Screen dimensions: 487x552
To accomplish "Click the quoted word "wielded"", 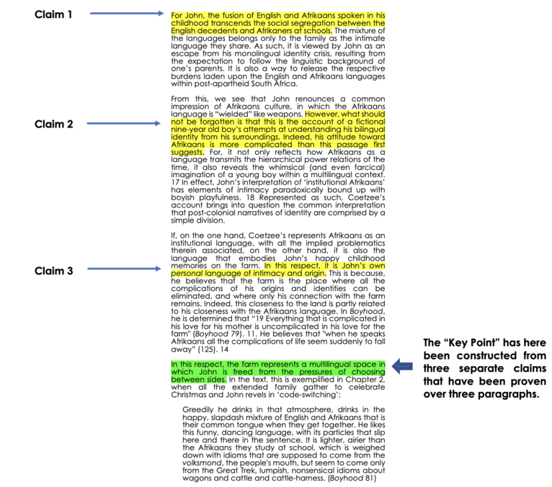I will pos(233,113).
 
